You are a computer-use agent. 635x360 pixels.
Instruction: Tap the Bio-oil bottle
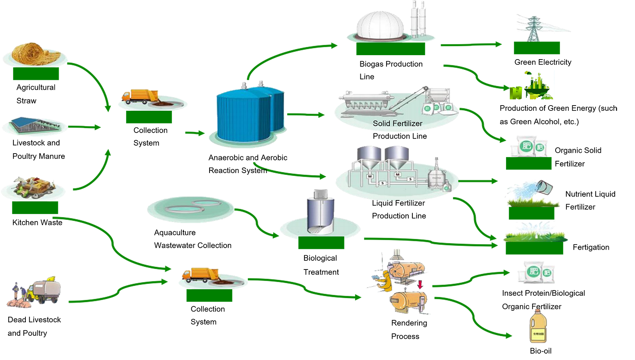click(x=538, y=326)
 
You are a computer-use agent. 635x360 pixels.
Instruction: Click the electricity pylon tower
click(x=534, y=29)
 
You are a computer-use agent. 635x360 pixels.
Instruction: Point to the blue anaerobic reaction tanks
click(x=250, y=114)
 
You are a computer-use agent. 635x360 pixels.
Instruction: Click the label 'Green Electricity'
click(x=543, y=62)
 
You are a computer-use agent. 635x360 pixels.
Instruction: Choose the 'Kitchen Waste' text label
click(x=37, y=223)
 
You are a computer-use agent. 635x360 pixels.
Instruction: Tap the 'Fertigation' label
click(x=591, y=247)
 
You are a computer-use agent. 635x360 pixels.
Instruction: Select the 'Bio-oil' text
click(x=541, y=351)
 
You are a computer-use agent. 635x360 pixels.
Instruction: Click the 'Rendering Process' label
click(x=409, y=330)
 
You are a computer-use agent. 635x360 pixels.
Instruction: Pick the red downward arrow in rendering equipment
click(x=420, y=284)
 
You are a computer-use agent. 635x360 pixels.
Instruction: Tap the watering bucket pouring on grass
click(x=544, y=187)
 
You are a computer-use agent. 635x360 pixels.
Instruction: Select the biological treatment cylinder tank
click(x=320, y=213)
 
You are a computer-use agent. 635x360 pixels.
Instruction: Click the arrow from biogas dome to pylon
click(x=471, y=44)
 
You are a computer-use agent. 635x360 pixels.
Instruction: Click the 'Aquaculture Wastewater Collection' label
click(x=192, y=239)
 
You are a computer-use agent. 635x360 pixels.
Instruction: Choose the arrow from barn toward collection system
click(x=85, y=127)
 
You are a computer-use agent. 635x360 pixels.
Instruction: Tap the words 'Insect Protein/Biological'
click(x=543, y=293)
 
